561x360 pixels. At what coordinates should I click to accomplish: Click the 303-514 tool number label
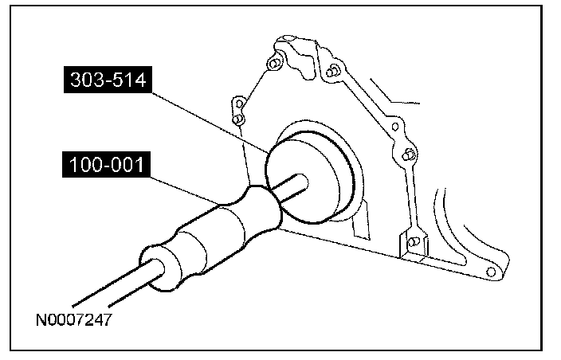click(x=108, y=80)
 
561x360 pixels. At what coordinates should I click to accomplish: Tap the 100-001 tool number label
click(x=106, y=164)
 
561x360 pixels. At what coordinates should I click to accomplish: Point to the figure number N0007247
click(x=74, y=319)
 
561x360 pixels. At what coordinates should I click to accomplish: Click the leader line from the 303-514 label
click(x=210, y=123)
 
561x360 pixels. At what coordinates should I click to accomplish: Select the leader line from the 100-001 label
click(x=184, y=191)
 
